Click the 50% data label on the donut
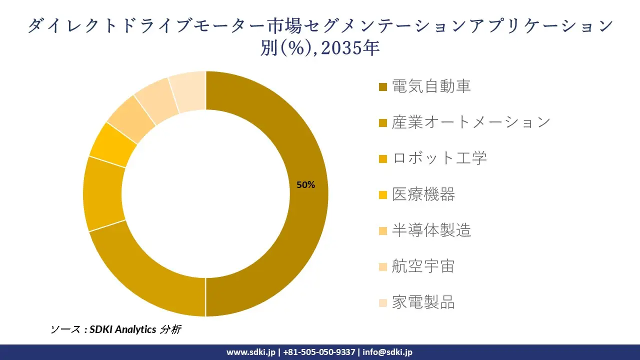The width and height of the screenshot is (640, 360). tap(305, 185)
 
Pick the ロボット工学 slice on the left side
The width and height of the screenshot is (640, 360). tap(103, 195)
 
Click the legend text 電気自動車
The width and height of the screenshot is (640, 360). tap(431, 86)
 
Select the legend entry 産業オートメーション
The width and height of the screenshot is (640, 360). tap(471, 122)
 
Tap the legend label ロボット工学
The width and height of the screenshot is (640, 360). tap(439, 158)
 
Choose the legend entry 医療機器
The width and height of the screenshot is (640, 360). tap(423, 194)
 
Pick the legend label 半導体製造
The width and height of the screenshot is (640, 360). tap(431, 230)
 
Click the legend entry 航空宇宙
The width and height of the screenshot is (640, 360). tap(423, 266)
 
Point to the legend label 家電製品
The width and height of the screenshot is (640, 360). tap(423, 302)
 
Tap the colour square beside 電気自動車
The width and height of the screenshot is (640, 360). tap(383, 87)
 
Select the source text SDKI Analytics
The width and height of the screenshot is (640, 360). tap(123, 329)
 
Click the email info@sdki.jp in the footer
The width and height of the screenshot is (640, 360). tap(387, 352)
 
